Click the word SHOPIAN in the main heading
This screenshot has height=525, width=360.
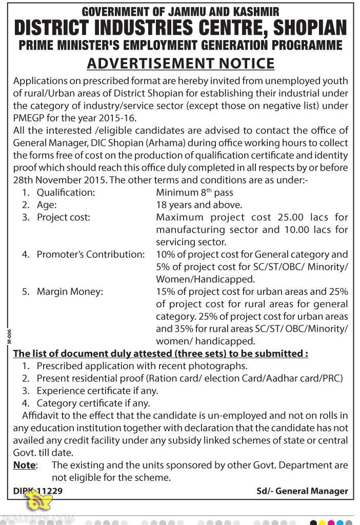pos(310,28)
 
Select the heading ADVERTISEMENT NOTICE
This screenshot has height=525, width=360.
pos(181,63)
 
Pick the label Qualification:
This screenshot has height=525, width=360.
pos(66,193)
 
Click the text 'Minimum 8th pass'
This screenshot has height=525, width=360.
pos(194,193)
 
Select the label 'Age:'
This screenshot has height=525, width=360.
pos(47,205)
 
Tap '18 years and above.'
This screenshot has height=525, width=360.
pos(199,205)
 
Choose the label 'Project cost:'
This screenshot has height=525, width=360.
pos(63,217)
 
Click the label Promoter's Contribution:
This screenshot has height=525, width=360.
pos(91,255)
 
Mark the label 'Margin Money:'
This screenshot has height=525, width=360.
pos(70,292)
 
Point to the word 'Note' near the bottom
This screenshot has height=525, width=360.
pos(24,466)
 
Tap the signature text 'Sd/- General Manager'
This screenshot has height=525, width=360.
pos(302,491)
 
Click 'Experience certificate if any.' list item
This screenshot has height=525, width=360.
pos(97,391)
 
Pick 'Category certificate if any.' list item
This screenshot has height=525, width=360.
pos(93,403)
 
